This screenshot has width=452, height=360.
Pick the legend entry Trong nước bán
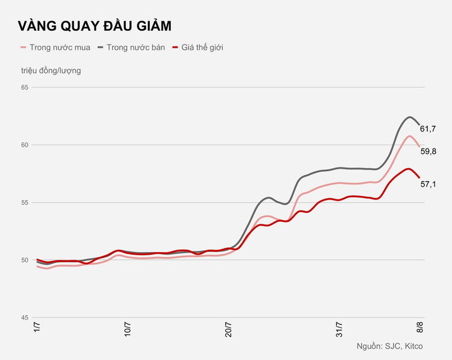point(134,47)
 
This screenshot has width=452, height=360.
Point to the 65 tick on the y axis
point(24,87)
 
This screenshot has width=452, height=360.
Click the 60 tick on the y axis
point(24,145)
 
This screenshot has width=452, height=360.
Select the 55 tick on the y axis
point(24,203)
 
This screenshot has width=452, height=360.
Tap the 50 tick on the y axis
point(24,260)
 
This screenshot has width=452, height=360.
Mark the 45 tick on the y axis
point(24,318)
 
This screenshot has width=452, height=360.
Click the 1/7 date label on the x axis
point(37,330)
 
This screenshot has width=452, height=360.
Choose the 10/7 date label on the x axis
point(128,332)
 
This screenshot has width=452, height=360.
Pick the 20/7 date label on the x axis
point(229,332)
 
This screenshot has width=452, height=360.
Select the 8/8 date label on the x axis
point(421,330)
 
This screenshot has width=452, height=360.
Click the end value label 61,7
point(428,129)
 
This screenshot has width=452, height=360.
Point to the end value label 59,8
point(428,151)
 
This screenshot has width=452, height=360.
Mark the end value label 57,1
point(428,184)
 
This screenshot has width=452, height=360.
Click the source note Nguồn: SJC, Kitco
point(389,346)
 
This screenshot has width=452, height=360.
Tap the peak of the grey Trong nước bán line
point(410,117)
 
